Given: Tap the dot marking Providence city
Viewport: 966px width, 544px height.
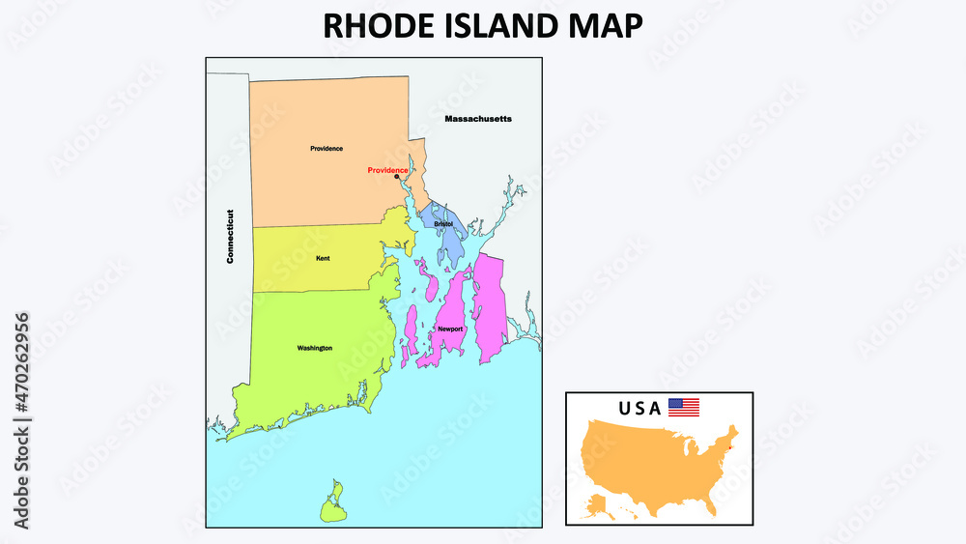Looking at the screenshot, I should coord(396,177).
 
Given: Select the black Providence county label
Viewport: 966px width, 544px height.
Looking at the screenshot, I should coord(327,149).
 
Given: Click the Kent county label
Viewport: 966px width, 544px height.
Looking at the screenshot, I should coord(323,258).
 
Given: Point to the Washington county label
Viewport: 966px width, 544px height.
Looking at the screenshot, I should coord(315,348).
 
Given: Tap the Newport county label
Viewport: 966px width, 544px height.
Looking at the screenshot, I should coord(450,329).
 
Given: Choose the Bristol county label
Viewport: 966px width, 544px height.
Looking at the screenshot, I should coord(443,224).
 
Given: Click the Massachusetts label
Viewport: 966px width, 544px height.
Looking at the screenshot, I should coord(478,119).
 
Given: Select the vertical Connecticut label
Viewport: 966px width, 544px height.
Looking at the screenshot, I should coord(231,237).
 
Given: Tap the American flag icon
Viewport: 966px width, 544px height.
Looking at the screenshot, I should coord(684,408).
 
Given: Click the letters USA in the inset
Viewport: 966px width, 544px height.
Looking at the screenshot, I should coord(640,408).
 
